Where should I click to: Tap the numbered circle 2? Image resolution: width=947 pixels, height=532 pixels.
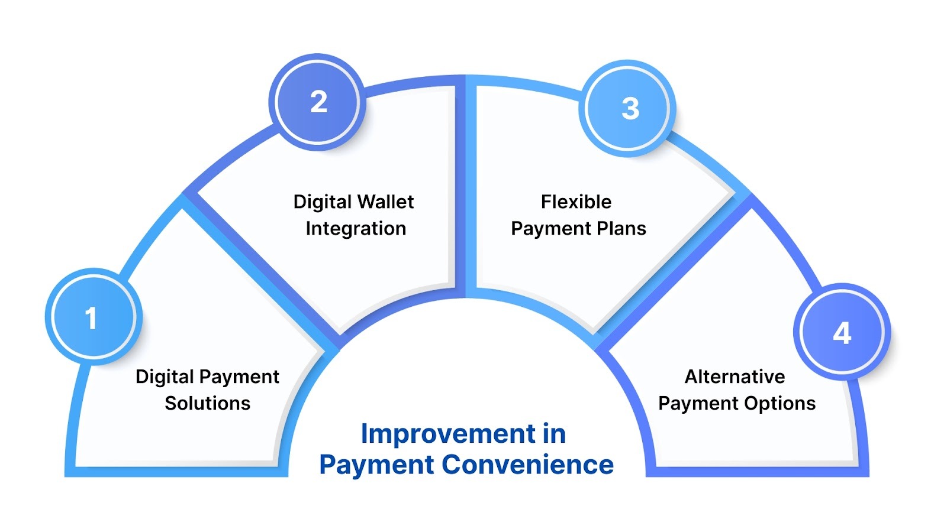pyautogui.click(x=318, y=102)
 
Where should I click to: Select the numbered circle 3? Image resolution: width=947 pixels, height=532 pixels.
pyautogui.click(x=630, y=108)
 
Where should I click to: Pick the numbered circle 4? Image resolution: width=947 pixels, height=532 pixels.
pyautogui.click(x=842, y=333)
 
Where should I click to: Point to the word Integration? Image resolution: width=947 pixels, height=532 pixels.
pyautogui.click(x=356, y=229)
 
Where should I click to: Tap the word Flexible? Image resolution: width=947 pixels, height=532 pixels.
pyautogui.click(x=576, y=202)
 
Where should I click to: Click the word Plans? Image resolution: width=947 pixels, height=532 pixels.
pyautogui.click(x=619, y=229)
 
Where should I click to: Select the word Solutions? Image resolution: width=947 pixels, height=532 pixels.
pyautogui.click(x=208, y=403)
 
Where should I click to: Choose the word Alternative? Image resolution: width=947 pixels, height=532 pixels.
pyautogui.click(x=735, y=377)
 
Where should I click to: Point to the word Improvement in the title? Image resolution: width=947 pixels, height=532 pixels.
pyautogui.click(x=448, y=434)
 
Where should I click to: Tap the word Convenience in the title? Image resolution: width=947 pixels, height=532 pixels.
pyautogui.click(x=528, y=465)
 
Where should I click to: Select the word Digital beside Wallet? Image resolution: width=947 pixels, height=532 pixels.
pyautogui.click(x=323, y=202)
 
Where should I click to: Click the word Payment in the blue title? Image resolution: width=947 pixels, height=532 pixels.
pyautogui.click(x=377, y=465)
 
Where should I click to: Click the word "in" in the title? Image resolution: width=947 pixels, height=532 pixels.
pyautogui.click(x=554, y=434)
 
